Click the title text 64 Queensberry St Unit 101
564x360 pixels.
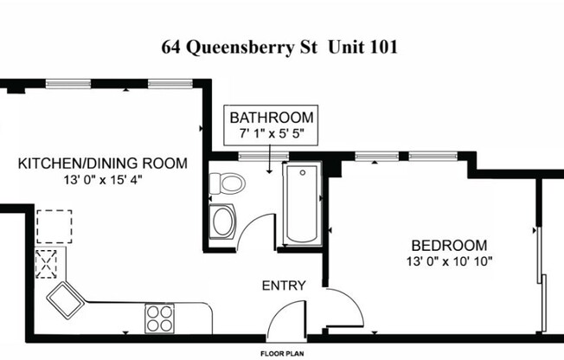click(x=279, y=48)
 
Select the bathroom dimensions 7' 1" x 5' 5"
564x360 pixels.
click(x=272, y=134)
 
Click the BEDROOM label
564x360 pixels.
click(x=448, y=245)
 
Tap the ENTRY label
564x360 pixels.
click(x=283, y=286)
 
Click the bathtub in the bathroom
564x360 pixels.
click(x=301, y=204)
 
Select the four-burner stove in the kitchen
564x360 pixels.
click(x=159, y=318)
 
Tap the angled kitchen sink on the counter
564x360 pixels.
click(x=66, y=299)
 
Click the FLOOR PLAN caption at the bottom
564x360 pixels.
click(x=282, y=353)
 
